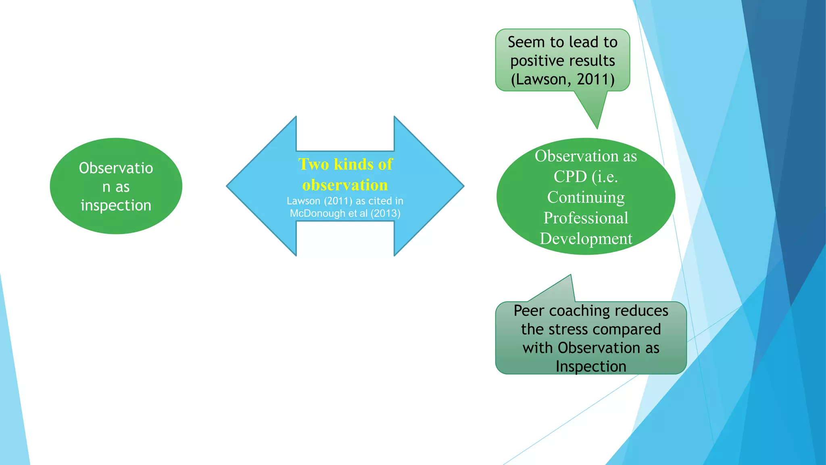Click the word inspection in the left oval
coord(116,205)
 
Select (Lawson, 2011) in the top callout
coord(563,79)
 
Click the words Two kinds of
coord(345,164)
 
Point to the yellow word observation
coord(345,185)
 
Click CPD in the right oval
coord(570,176)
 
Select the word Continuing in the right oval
coord(586,197)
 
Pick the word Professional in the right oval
coord(586,218)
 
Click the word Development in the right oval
coord(586,239)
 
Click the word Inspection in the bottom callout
coord(591,366)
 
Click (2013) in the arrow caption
coord(386,213)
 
